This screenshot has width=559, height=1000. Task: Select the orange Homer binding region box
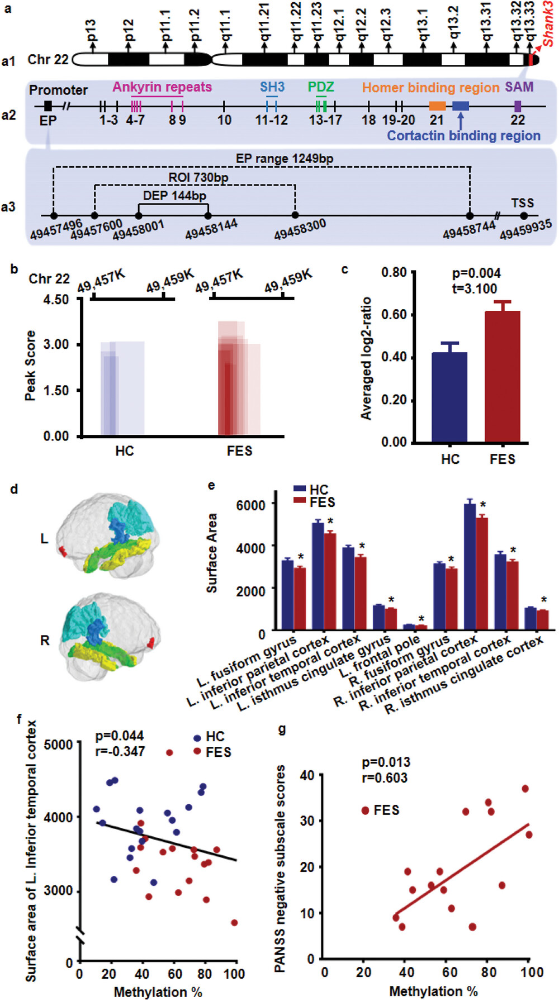[437, 106]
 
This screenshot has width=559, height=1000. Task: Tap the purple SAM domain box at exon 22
[518, 106]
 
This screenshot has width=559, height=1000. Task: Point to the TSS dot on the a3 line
[524, 216]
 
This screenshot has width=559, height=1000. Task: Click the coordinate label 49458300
[300, 229]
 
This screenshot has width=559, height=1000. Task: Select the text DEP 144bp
[174, 196]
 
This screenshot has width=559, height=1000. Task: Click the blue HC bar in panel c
[450, 397]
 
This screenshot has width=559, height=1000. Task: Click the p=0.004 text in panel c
[476, 273]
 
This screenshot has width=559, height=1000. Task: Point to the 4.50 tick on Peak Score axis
[56, 300]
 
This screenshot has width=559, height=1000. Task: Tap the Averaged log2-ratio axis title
[366, 358]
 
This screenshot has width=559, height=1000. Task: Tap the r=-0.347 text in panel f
[120, 751]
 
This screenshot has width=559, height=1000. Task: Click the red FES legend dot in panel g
[366, 810]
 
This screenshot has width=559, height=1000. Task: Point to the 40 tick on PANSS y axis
[307, 775]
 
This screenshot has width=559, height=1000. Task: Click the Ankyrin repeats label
[162, 87]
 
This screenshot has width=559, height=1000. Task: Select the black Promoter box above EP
[48, 106]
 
